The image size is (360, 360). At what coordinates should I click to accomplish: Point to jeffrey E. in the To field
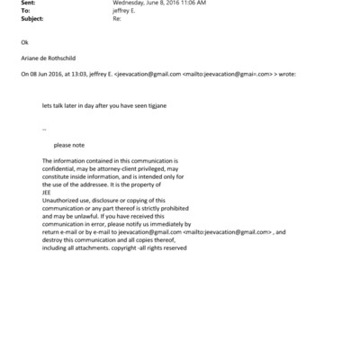pyautogui.click(x=125, y=11)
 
